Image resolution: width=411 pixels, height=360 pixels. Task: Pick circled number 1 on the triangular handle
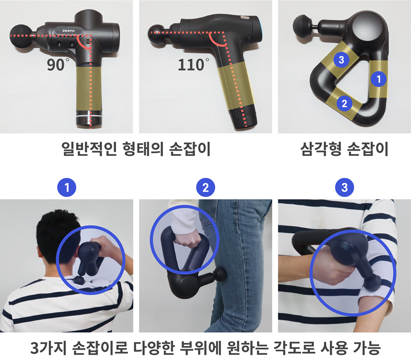[379, 79]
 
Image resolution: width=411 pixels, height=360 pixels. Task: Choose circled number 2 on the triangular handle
[344, 103]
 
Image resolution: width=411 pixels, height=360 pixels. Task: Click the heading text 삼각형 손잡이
[344, 150]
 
